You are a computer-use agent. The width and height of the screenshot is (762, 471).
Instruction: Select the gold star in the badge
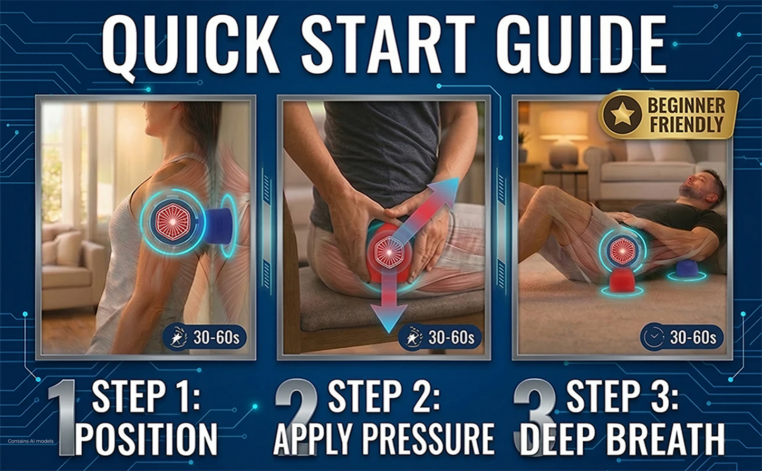(x=622, y=114)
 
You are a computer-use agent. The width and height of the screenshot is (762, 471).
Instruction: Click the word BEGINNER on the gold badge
(x=686, y=105)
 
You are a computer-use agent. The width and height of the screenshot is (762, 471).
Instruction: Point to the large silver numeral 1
(x=63, y=417)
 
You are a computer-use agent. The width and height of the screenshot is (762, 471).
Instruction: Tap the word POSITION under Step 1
(x=146, y=439)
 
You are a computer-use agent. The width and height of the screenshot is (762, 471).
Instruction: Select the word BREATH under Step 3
(x=665, y=439)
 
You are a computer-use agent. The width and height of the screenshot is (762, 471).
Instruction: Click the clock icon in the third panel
(x=653, y=337)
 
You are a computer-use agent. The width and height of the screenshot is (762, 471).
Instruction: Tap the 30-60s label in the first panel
(x=216, y=337)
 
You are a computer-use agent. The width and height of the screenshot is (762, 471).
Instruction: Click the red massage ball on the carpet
(x=622, y=280)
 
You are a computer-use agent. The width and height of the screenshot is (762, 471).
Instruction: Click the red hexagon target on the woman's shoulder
(x=172, y=222)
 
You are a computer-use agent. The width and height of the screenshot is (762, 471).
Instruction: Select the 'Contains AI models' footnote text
(x=31, y=441)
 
